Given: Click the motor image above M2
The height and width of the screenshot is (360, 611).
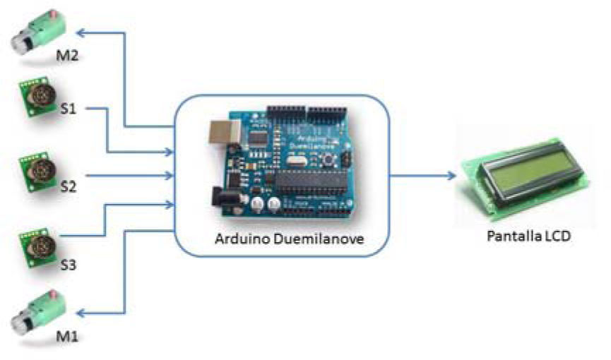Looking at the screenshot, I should coord(37,32).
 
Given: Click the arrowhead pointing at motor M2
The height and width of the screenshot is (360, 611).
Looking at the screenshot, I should coord(80,32).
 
